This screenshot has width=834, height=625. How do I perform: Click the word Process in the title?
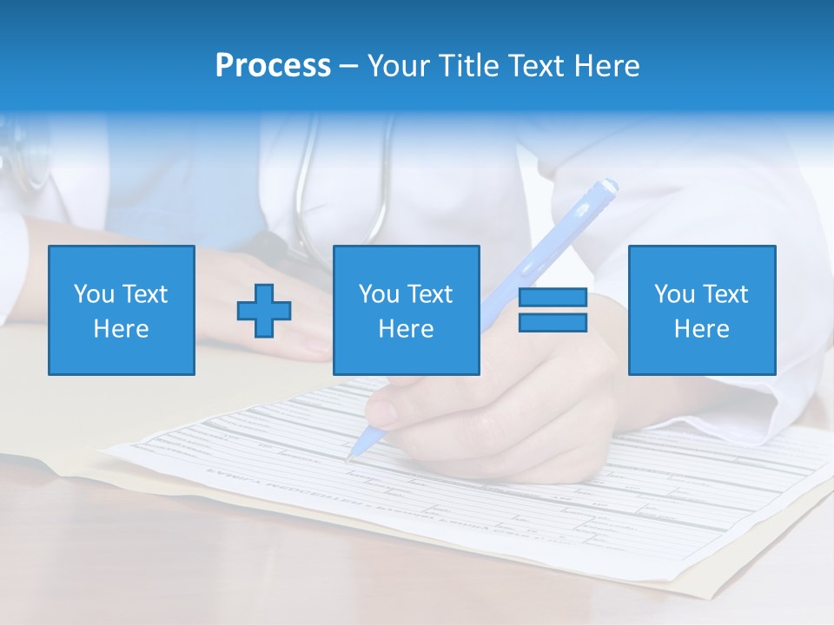(x=273, y=66)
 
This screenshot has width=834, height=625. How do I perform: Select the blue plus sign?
(x=264, y=310)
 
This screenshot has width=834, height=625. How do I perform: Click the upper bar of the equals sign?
(x=553, y=298)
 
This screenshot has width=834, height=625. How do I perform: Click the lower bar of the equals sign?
(x=553, y=322)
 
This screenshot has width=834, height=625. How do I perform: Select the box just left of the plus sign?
(x=122, y=310)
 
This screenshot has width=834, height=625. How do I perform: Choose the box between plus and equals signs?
(x=406, y=310)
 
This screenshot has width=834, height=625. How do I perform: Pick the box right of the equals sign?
(x=701, y=310)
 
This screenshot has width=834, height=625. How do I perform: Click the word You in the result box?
(x=674, y=294)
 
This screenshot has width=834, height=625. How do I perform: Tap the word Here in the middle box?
(x=406, y=329)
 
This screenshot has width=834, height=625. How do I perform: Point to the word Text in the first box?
(x=144, y=294)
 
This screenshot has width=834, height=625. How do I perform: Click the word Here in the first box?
(x=122, y=329)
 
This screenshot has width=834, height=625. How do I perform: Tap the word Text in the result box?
(x=725, y=294)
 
